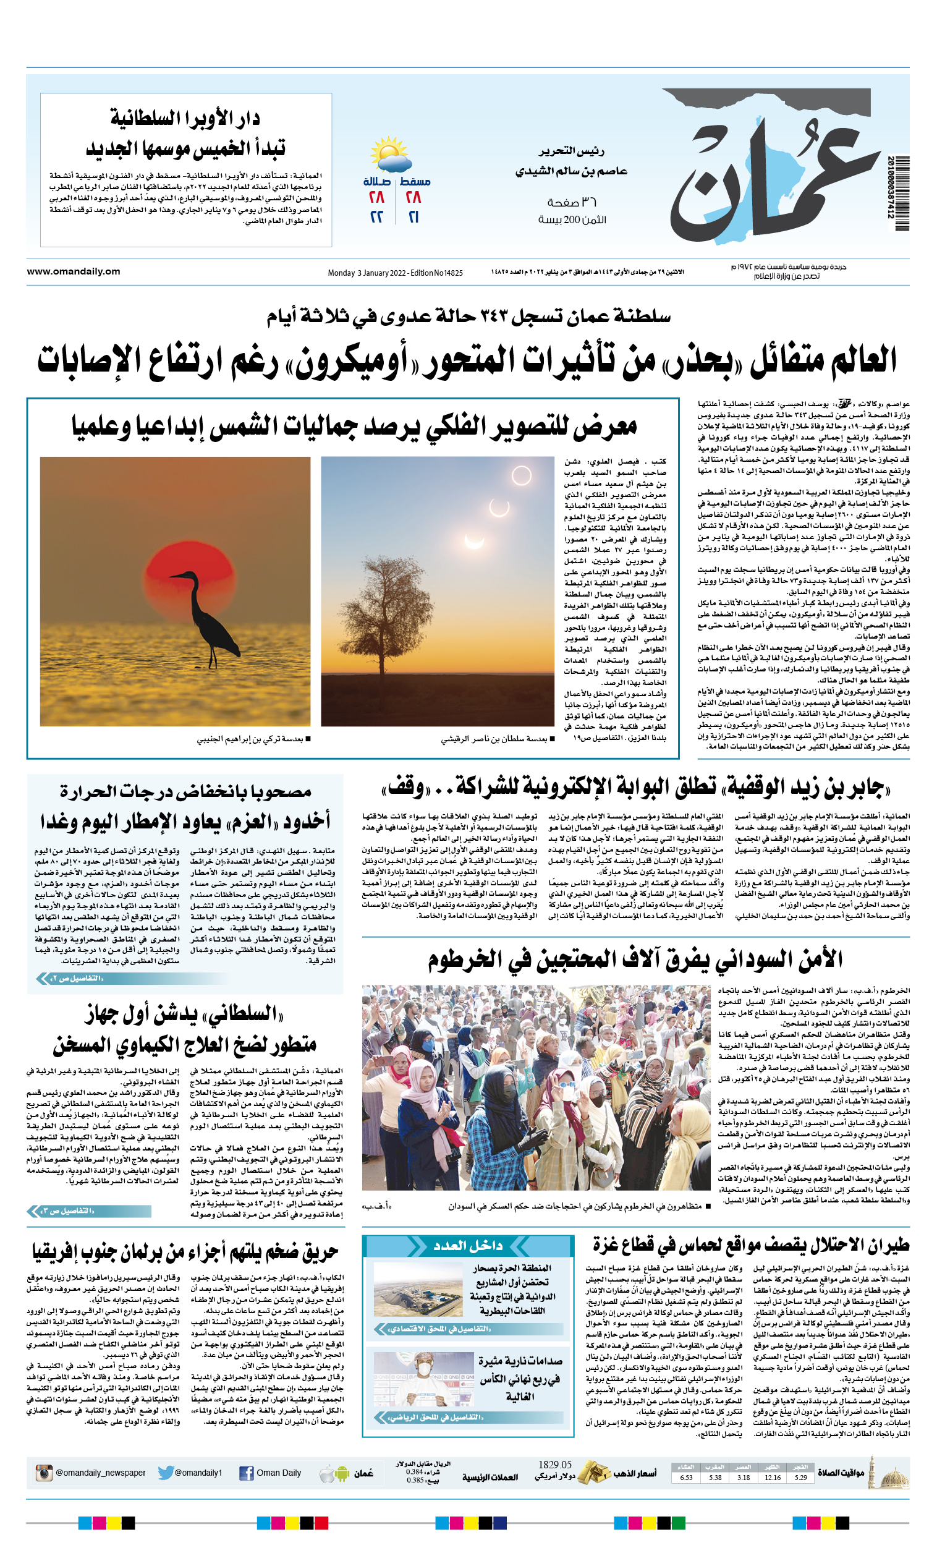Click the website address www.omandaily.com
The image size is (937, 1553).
pos(73,271)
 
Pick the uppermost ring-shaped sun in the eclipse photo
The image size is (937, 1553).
pos(521,475)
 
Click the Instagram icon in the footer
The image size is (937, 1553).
pos(43,1473)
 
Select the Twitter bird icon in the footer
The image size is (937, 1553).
pos(166,1473)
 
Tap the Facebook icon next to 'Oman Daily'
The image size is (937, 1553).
pos(247,1473)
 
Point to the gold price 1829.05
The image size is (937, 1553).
pos(554,1464)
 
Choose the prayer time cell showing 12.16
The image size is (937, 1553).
pos(773,1477)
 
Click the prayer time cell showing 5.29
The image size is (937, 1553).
pos(801,1477)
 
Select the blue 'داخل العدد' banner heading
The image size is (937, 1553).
pos(467,1245)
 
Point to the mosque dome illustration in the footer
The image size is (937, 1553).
pos(894,1475)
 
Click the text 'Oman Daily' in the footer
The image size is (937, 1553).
pos(279,1473)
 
